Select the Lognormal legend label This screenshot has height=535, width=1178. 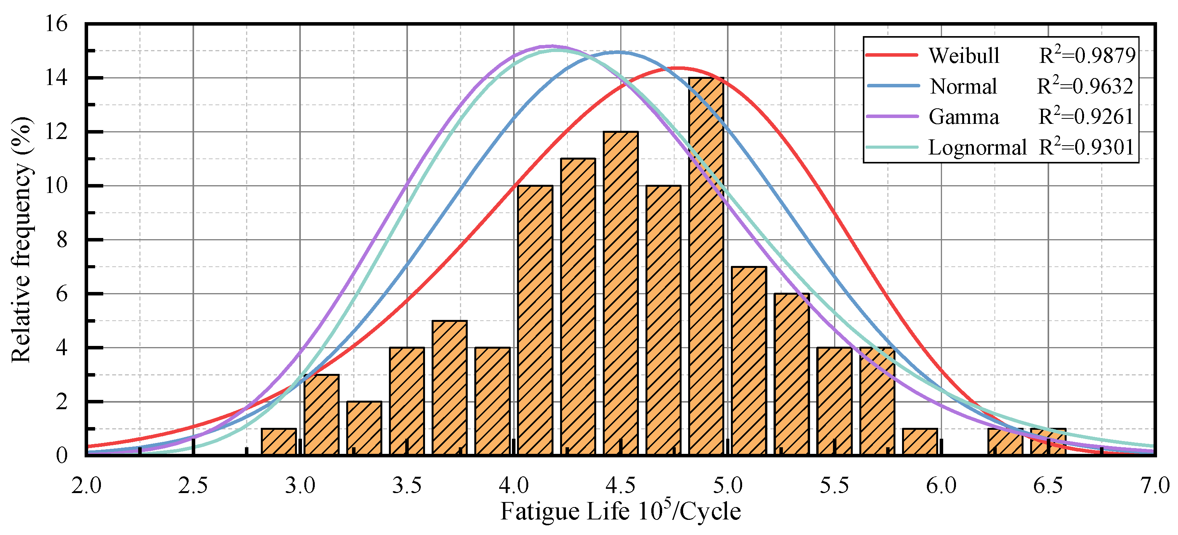(x=977, y=148)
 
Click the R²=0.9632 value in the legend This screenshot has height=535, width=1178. (x=1085, y=86)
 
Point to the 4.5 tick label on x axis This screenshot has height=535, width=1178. (x=621, y=486)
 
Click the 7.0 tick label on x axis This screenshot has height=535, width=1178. (x=1155, y=486)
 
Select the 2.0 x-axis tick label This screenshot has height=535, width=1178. (x=87, y=486)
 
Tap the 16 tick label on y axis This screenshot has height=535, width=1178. (x=56, y=24)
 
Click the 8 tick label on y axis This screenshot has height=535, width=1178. (x=62, y=240)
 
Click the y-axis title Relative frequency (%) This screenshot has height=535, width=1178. (x=21, y=240)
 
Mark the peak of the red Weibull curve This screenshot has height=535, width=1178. (x=678, y=68)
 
